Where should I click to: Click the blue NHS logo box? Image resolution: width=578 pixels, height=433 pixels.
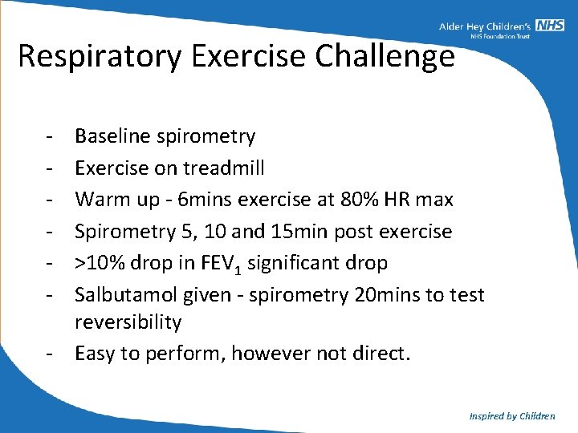point(551,26)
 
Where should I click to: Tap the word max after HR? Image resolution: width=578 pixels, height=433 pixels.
point(437,200)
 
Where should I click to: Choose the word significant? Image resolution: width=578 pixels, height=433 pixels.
point(292,263)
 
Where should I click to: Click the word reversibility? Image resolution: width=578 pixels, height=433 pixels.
point(128,322)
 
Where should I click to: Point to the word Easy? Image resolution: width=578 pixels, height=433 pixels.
point(95,354)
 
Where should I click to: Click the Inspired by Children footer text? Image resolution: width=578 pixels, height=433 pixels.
point(512,416)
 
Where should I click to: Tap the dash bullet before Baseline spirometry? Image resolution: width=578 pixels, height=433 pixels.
point(50,136)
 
